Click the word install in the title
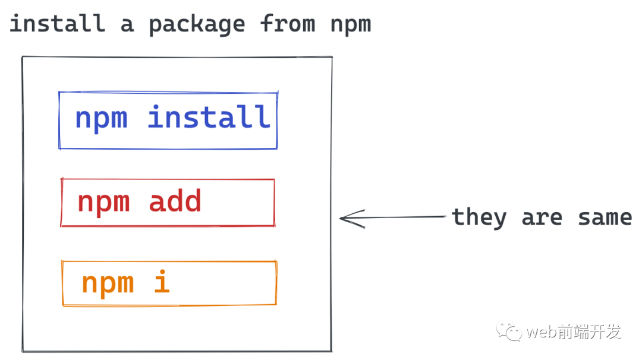(x=56, y=24)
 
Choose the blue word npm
(x=101, y=118)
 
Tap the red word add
(x=175, y=201)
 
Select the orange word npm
(x=107, y=283)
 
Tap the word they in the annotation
(x=479, y=217)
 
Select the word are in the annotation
(x=542, y=218)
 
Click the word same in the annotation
(x=605, y=217)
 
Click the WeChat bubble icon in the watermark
(x=510, y=331)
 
